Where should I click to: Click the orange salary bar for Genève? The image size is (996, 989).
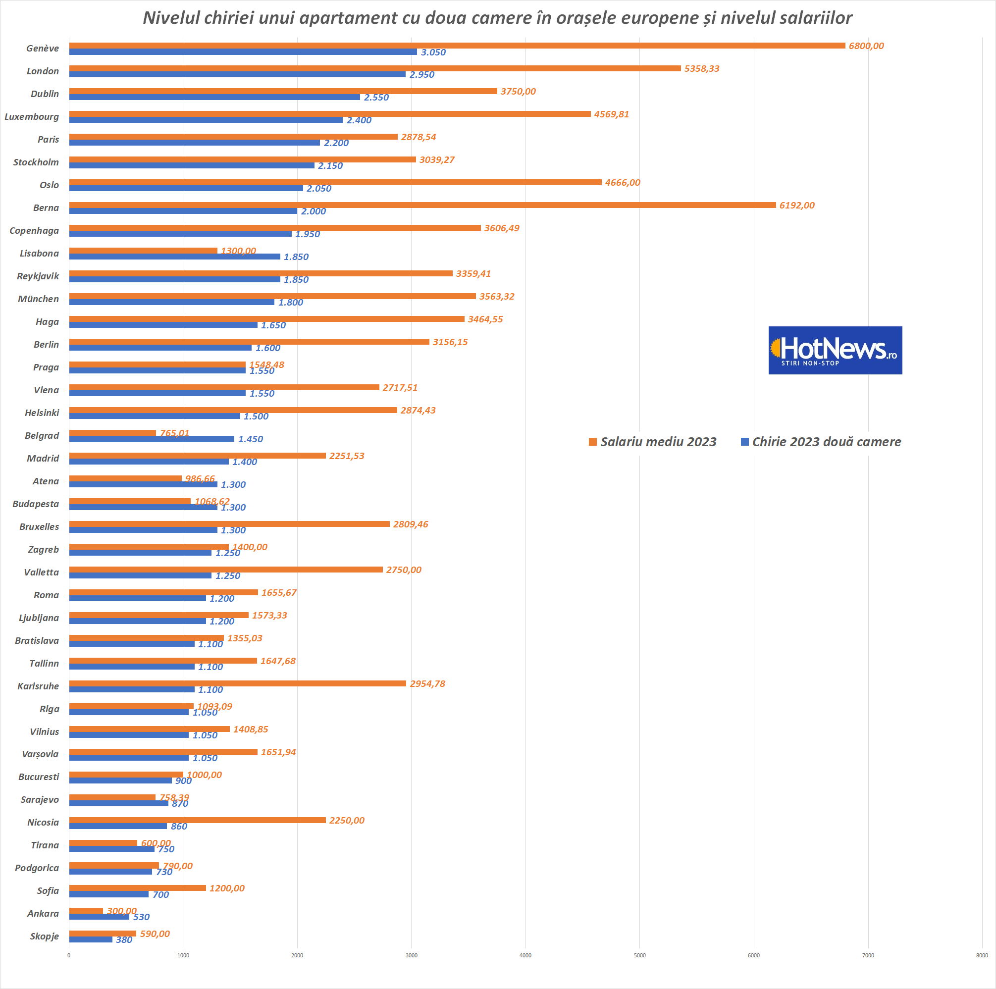457,46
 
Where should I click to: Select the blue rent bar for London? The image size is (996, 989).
237,75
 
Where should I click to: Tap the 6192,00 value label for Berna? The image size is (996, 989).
796,205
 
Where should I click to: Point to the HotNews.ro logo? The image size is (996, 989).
835,350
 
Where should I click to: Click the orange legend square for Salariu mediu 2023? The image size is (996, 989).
593,442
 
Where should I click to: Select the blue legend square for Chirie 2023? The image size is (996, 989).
744,442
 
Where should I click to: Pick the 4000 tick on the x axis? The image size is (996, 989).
525,955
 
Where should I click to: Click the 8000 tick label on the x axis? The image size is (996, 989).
982,955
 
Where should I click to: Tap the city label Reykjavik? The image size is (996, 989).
38,276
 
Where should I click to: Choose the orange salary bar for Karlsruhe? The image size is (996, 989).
238,683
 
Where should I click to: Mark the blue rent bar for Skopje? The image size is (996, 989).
91,939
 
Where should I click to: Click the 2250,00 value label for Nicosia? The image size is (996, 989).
346,820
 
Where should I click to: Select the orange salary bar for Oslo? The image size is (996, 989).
335,182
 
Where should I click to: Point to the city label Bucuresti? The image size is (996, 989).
39,777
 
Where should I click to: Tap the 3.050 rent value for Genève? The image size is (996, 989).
433,52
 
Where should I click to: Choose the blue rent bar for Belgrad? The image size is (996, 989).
152,439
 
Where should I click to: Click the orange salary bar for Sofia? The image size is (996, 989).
137,888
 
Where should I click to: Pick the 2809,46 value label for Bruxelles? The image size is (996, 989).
411,524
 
